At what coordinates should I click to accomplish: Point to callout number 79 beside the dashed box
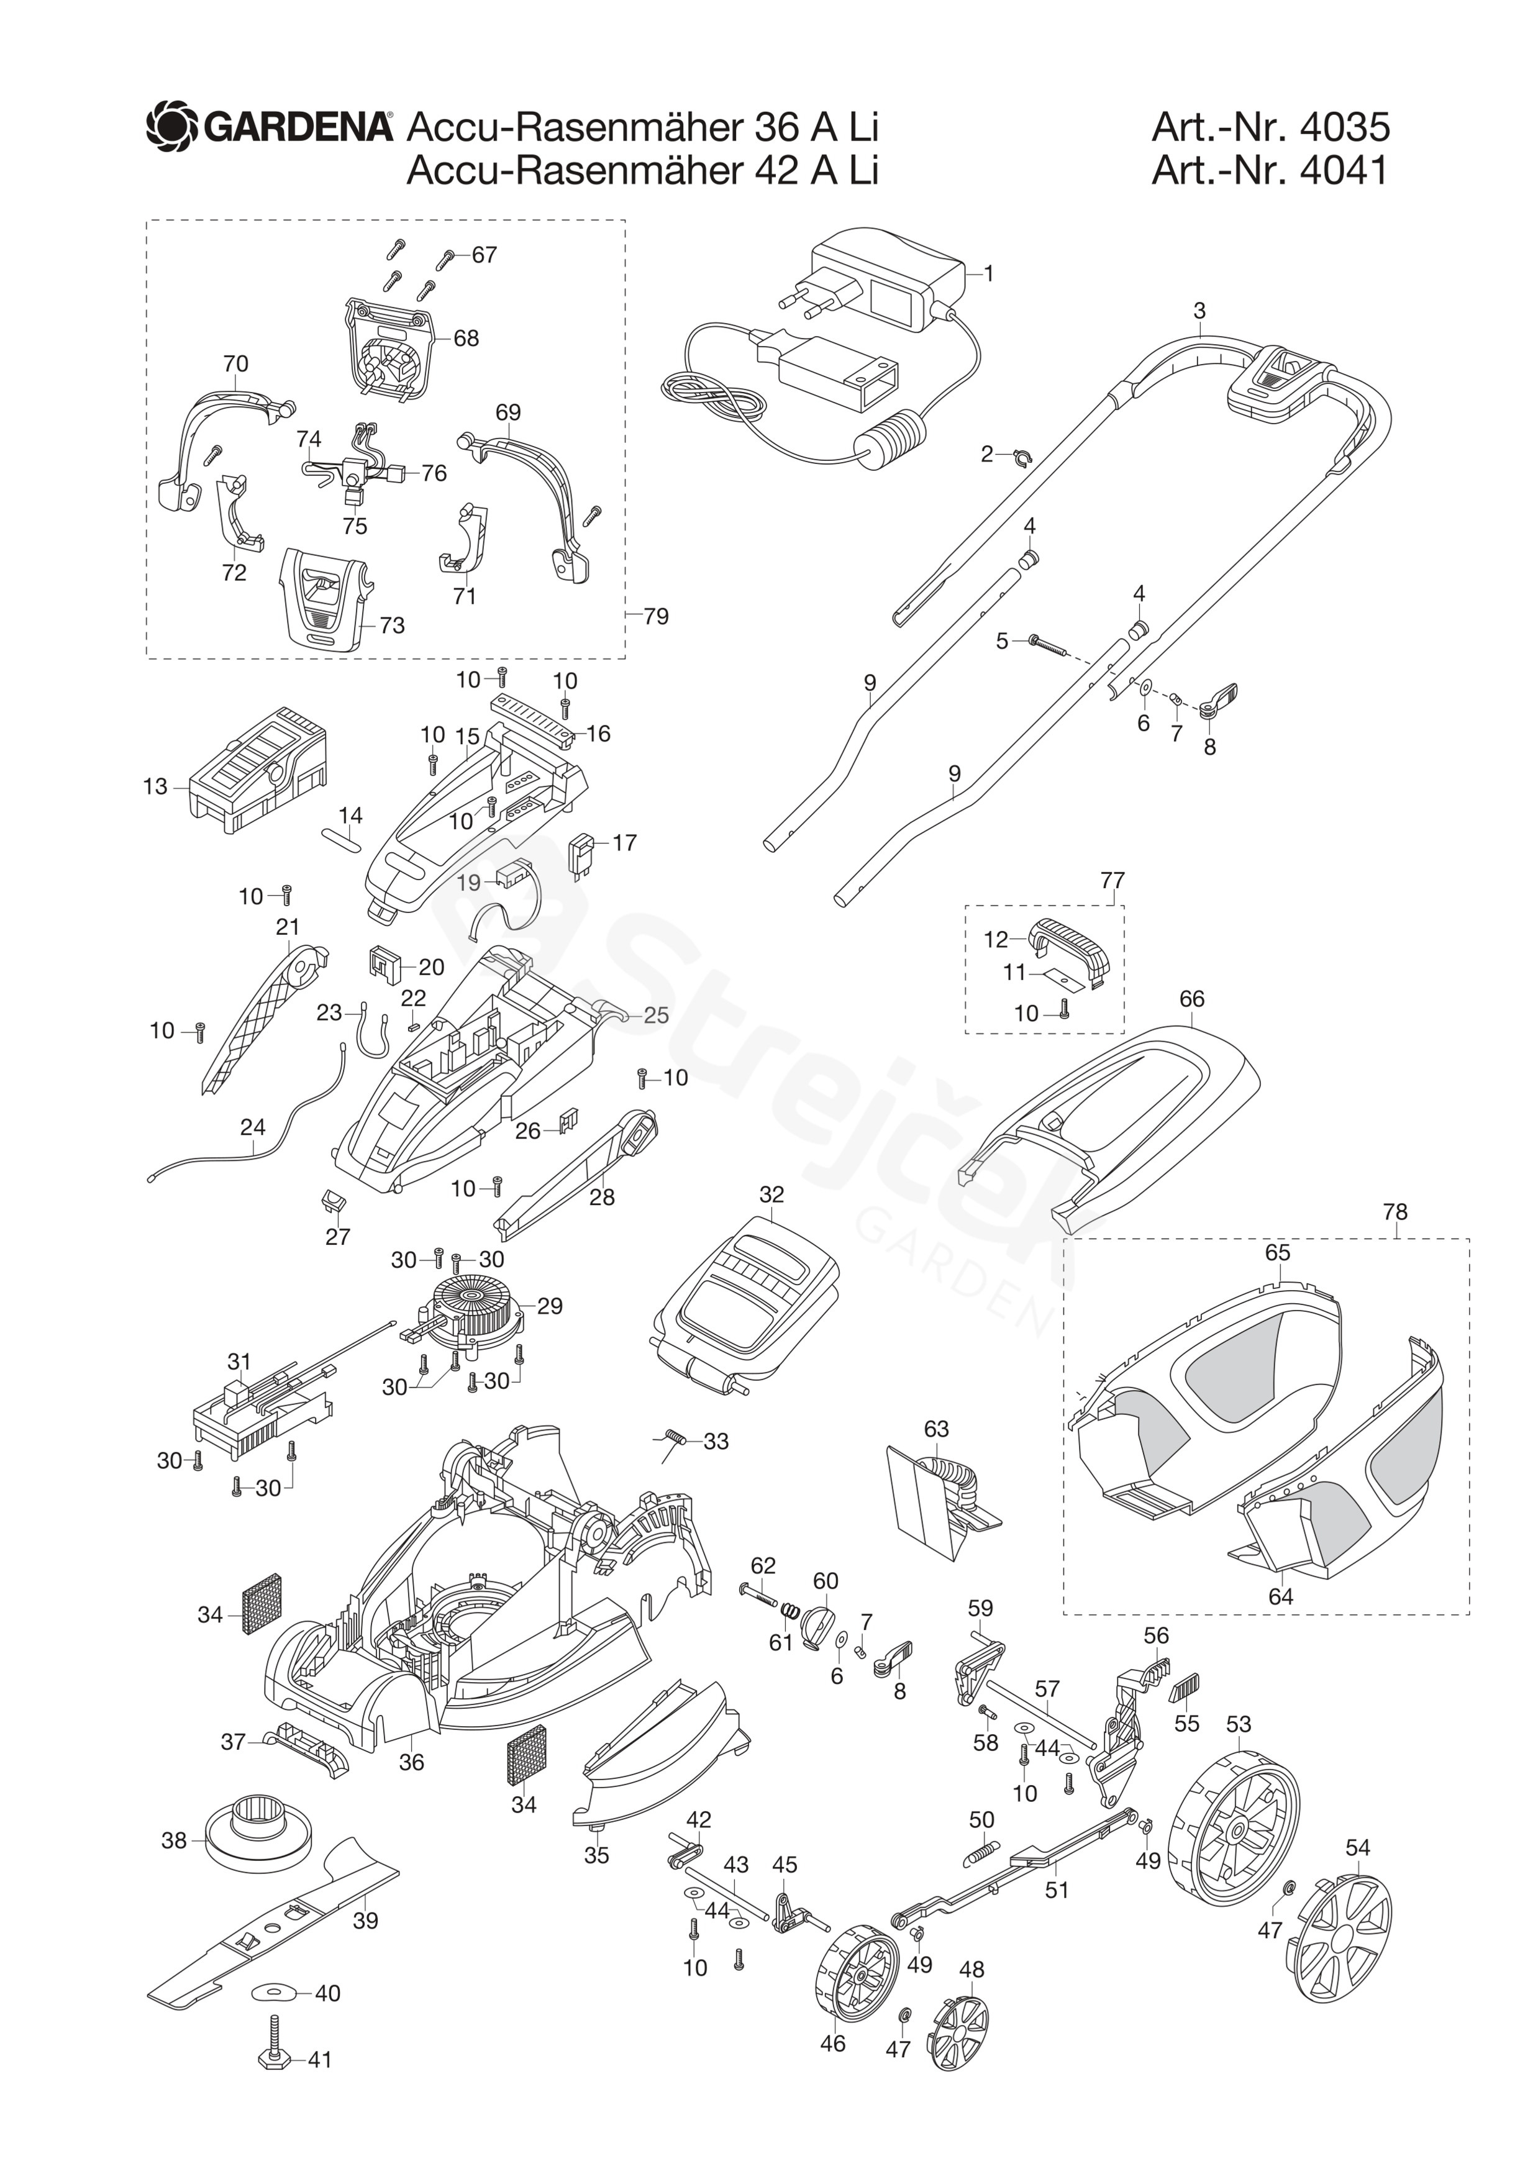coord(655,616)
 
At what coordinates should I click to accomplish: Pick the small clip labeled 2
coord(1020,458)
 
